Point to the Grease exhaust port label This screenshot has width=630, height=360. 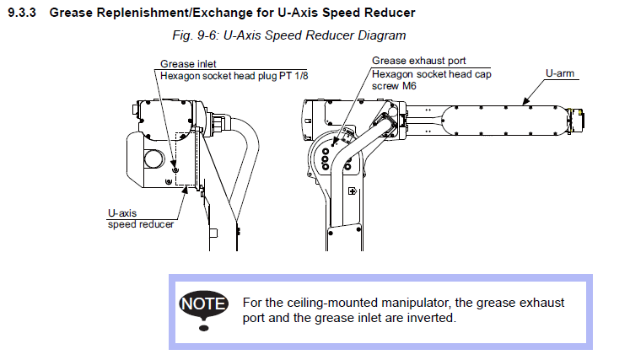pos(419,62)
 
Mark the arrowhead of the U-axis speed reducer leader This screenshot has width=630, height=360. pos(186,190)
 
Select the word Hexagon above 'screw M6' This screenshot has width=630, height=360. pos(394,74)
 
